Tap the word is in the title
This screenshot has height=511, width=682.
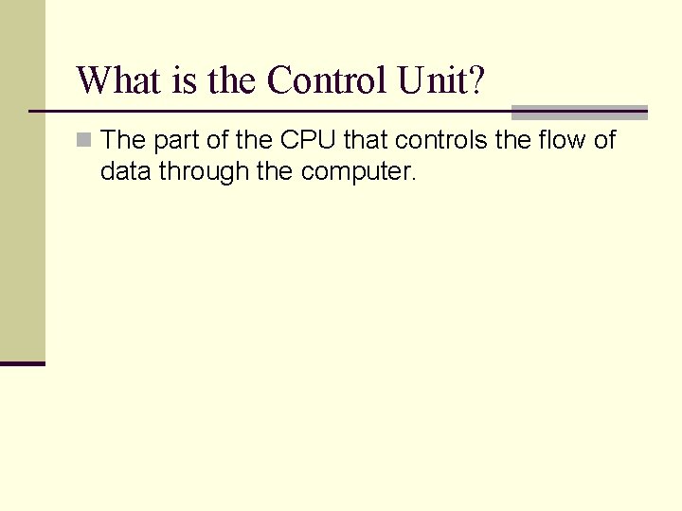(184, 81)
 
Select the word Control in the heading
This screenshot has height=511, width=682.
(328, 81)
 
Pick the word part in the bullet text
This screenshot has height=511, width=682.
(172, 141)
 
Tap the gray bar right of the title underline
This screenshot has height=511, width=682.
(579, 112)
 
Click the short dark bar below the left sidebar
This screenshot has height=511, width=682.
(22, 362)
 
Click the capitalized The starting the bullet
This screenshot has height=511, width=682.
(122, 141)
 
